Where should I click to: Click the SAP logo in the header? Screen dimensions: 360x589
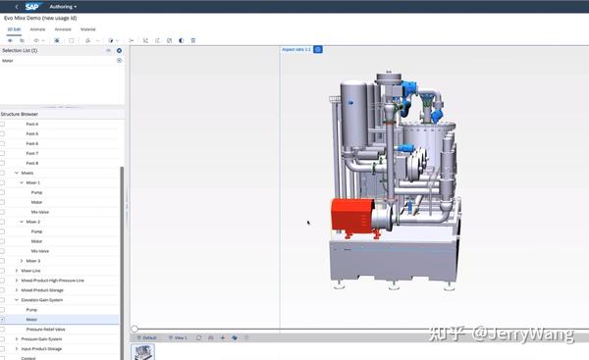click(32, 6)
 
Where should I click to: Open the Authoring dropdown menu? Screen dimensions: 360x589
click(63, 6)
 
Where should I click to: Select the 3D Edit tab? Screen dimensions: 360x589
click(13, 29)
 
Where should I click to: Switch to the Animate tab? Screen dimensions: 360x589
click(37, 29)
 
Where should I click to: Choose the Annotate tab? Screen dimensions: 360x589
click(63, 29)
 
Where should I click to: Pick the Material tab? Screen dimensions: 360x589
click(88, 29)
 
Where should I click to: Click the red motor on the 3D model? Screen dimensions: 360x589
click(356, 215)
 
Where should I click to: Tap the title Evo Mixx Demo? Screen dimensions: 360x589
click(39, 19)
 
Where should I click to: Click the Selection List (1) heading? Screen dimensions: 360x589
click(21, 49)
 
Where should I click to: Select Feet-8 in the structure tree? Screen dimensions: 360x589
click(32, 163)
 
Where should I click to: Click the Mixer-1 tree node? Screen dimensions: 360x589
click(33, 182)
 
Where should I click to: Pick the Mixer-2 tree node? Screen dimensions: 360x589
click(33, 222)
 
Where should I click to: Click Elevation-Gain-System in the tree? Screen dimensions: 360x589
click(40, 299)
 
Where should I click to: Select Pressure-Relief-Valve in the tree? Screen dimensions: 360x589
click(46, 329)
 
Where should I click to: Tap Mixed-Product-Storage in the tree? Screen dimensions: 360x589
click(42, 289)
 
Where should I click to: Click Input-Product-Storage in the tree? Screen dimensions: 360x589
click(41, 348)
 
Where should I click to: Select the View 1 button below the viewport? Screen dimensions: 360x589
click(178, 337)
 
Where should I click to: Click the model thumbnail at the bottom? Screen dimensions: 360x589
click(143, 351)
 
